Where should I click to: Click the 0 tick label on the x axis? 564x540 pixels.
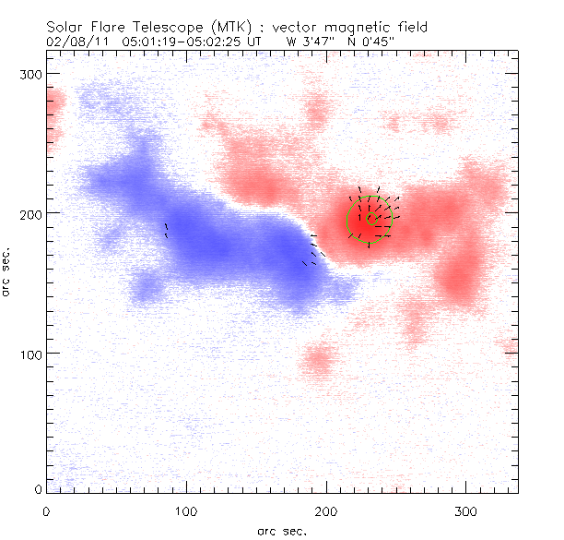46,510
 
